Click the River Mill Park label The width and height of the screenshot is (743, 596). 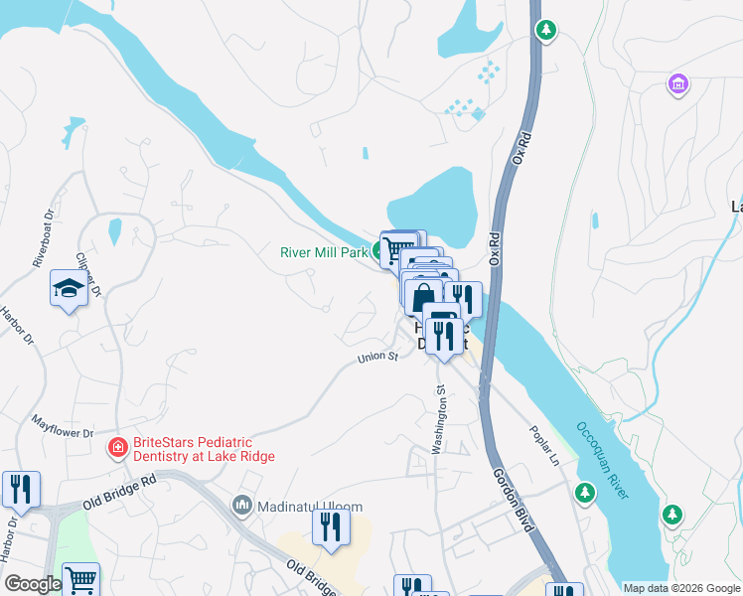[x=323, y=252]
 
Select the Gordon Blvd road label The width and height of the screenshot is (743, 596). [x=515, y=499]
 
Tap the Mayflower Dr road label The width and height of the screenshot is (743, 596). [x=62, y=427]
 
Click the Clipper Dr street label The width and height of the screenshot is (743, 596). [x=89, y=275]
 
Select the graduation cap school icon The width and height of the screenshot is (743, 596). [x=69, y=289]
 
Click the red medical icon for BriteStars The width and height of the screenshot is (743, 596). [x=117, y=448]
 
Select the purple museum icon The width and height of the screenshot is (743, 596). [x=678, y=84]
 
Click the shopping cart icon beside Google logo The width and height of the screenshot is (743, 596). [x=81, y=579]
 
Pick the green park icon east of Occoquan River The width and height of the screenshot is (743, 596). [x=673, y=514]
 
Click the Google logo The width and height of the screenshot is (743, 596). [x=32, y=585]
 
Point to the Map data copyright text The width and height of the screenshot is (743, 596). [x=680, y=588]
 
